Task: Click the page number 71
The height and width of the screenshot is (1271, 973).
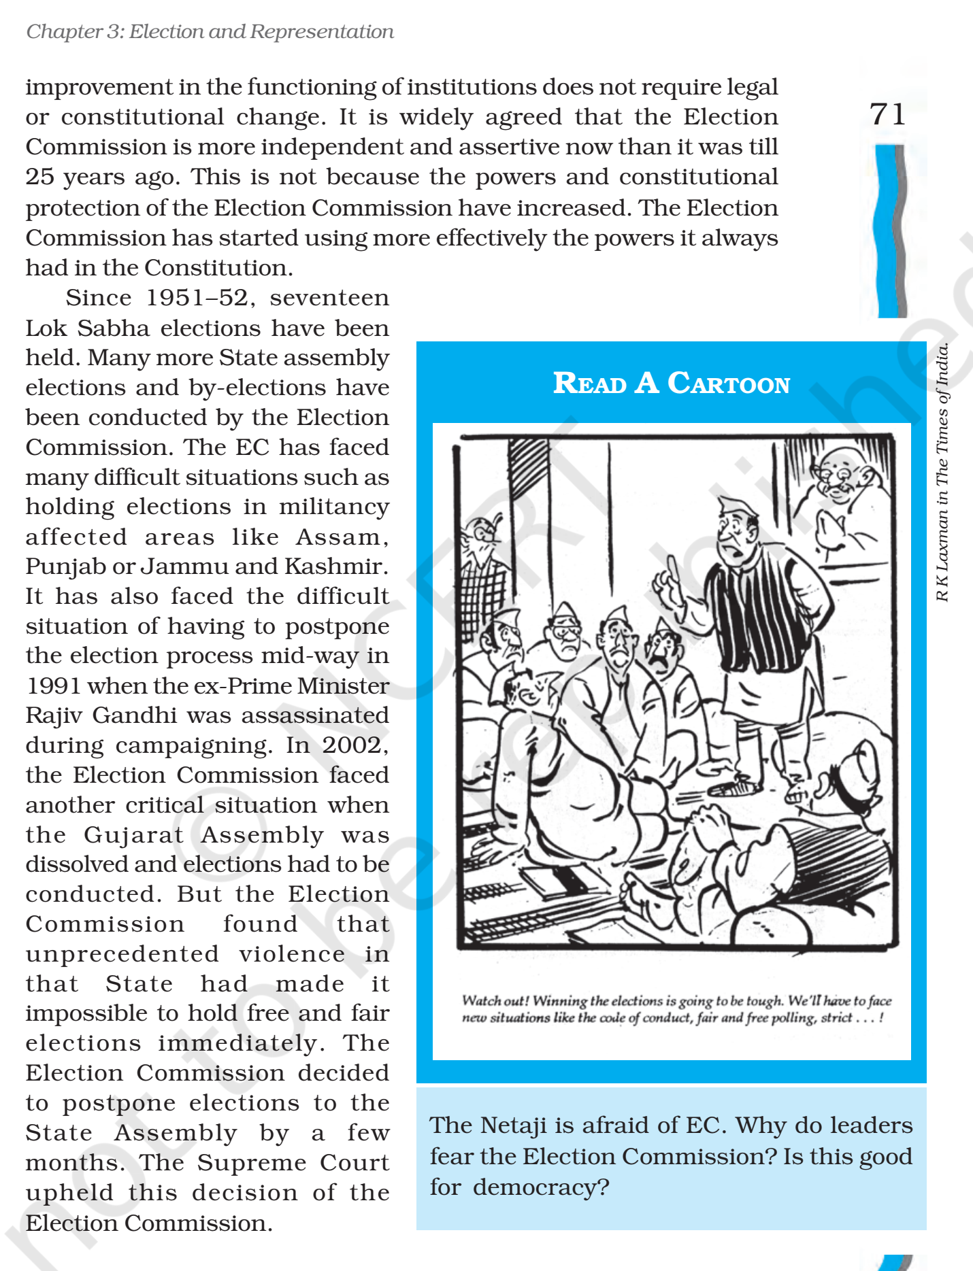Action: point(887,114)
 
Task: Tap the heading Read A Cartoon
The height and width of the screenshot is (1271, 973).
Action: point(671,384)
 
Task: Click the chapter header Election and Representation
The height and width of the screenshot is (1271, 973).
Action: point(261,32)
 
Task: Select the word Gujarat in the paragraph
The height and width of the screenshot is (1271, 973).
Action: point(134,834)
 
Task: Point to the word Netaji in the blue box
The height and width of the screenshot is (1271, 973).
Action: point(513,1125)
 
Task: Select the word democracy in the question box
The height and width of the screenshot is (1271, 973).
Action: point(541,1187)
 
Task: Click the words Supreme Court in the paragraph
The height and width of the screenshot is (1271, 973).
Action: point(293,1162)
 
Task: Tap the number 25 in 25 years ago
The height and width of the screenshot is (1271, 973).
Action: point(39,177)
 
